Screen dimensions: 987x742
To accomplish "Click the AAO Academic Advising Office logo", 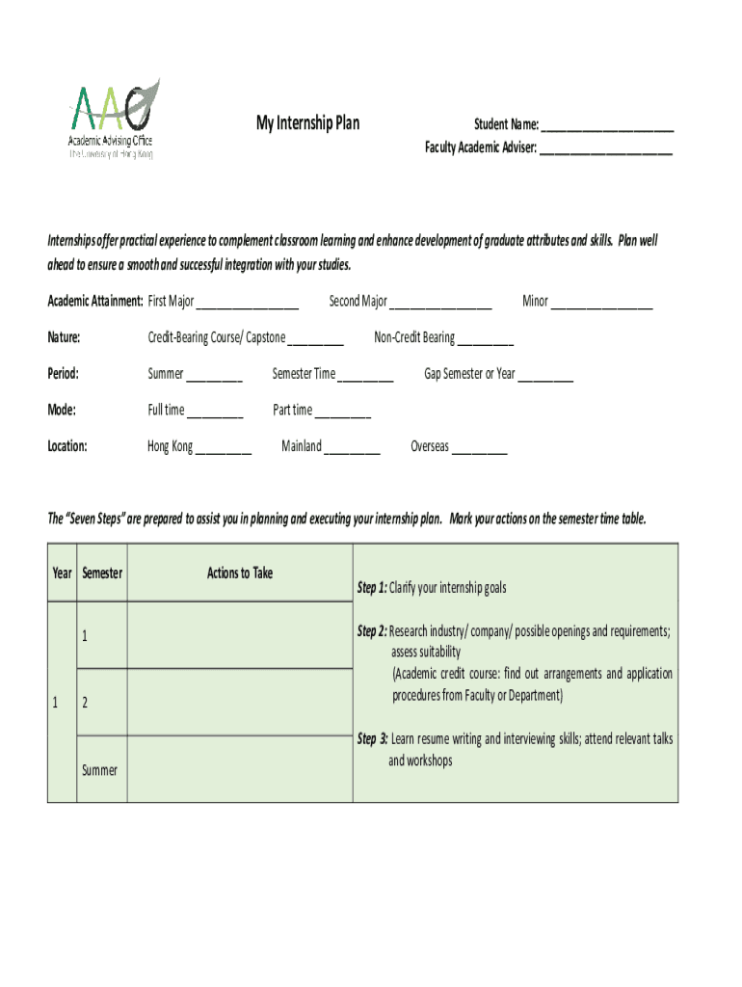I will [111, 120].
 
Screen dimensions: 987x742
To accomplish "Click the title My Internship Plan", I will [307, 122].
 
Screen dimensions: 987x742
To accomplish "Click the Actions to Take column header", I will [240, 574].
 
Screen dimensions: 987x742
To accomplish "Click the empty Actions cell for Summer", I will [240, 769].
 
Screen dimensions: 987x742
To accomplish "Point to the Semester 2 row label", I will [85, 703].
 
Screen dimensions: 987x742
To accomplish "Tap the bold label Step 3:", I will [372, 739].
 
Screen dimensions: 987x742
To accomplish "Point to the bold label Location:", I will [67, 446].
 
